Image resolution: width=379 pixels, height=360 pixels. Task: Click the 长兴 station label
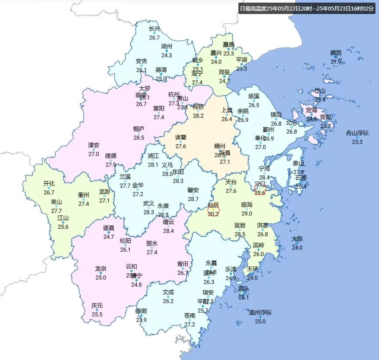tap(154, 29)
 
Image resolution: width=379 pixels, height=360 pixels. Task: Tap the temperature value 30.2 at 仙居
tap(213, 214)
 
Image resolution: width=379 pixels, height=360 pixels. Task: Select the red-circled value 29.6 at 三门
tap(260, 192)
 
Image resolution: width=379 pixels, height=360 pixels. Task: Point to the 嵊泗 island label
tap(336, 53)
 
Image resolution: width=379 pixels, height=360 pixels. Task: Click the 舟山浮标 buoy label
tap(357, 133)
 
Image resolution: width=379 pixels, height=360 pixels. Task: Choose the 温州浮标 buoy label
tap(260, 313)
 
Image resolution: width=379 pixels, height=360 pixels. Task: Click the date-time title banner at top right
tap(307, 8)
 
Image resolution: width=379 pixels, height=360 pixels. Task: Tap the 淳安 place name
tap(94, 145)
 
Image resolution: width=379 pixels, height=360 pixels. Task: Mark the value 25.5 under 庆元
tap(97, 314)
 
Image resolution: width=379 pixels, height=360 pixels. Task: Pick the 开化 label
tap(49, 184)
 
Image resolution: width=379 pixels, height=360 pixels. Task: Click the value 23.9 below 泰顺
tap(141, 320)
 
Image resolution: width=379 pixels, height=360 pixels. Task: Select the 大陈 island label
tap(297, 239)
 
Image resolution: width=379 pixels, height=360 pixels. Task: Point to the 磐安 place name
tap(193, 190)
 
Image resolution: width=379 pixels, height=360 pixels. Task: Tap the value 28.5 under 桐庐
tap(138, 138)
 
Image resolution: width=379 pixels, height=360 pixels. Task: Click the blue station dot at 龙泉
tap(101, 273)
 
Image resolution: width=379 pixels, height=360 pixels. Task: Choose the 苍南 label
tap(190, 316)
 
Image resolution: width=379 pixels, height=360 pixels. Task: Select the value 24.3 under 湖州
tap(166, 55)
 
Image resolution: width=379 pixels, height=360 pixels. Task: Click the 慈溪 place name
tap(254, 96)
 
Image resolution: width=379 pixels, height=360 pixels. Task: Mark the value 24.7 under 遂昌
tap(109, 237)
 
